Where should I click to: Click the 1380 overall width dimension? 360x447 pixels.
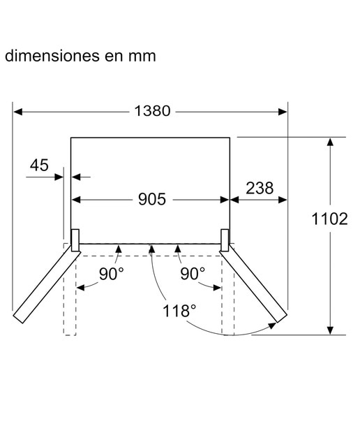[x=152, y=111]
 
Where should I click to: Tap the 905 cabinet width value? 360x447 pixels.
[x=152, y=199]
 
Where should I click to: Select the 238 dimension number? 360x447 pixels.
[x=260, y=188]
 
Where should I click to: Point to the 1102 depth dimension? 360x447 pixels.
[x=329, y=219]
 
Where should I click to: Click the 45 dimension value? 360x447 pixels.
[x=39, y=166]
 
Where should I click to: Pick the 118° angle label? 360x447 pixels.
[x=179, y=311]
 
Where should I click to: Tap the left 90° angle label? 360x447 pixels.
[x=112, y=274]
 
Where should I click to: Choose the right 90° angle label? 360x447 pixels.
[x=193, y=274]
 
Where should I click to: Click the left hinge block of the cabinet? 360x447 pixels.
[x=75, y=240]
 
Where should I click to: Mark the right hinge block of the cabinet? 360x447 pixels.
[x=225, y=240]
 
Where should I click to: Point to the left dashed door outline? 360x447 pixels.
[x=70, y=290]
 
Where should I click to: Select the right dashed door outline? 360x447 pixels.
[x=228, y=290]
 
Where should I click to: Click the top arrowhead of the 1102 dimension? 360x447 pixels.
[x=330, y=142]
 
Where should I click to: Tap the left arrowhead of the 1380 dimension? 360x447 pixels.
[x=18, y=112]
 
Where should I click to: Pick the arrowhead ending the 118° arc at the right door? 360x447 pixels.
[x=273, y=325]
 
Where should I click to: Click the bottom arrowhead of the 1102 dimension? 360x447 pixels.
[x=330, y=330]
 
